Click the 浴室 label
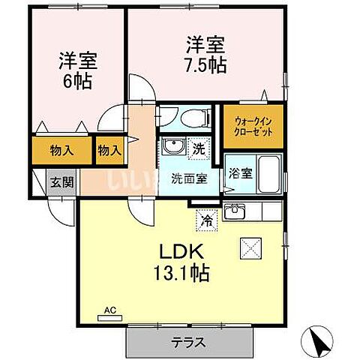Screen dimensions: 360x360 pyautogui.click(x=239, y=171)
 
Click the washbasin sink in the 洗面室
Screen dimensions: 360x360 pyautogui.click(x=172, y=146)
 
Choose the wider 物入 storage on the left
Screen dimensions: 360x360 pyautogui.click(x=61, y=150)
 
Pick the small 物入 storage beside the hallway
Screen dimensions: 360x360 pyautogui.click(x=109, y=150)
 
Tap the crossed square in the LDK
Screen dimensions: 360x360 pyautogui.click(x=249, y=247)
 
